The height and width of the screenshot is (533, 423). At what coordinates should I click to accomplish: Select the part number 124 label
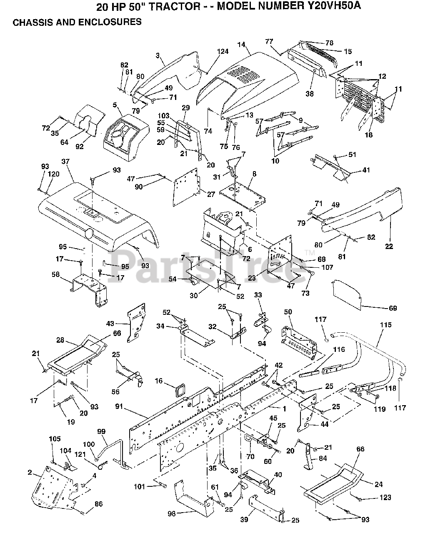(x=223, y=52)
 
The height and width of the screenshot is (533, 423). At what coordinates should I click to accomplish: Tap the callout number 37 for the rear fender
(x=65, y=162)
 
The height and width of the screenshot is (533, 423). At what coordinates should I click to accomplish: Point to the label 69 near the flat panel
(x=393, y=308)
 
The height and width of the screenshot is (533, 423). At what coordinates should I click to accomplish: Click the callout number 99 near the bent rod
(x=102, y=431)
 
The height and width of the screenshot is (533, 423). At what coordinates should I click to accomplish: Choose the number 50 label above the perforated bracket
(x=288, y=312)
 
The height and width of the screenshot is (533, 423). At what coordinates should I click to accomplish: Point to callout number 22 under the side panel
(x=389, y=246)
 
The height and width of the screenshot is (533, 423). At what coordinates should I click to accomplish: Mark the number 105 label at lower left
(x=55, y=439)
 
